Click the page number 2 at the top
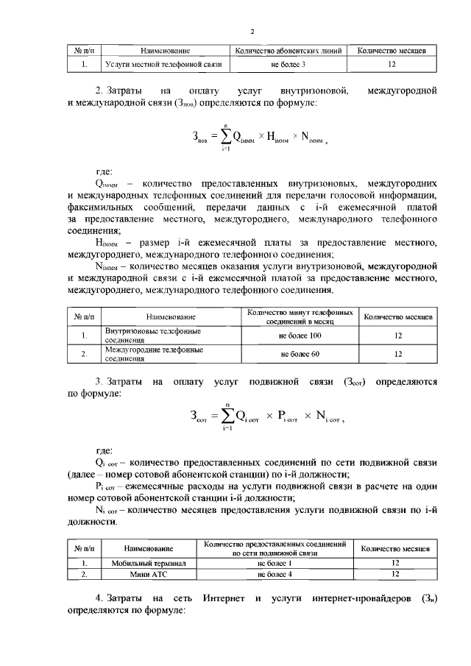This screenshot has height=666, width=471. [x=252, y=32]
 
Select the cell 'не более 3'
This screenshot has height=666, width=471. [x=288, y=65]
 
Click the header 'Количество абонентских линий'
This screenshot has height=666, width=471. [x=288, y=51]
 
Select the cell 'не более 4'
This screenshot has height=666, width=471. [x=275, y=573]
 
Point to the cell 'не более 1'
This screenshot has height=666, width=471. [x=275, y=563]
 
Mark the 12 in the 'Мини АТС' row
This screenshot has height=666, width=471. [x=396, y=573]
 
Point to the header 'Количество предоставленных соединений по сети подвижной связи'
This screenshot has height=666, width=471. [x=275, y=546]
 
